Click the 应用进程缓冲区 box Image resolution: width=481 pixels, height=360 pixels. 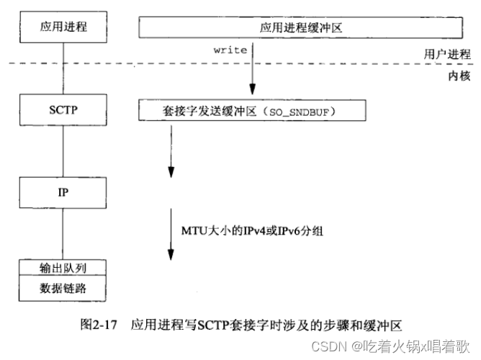coord(298,27)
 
